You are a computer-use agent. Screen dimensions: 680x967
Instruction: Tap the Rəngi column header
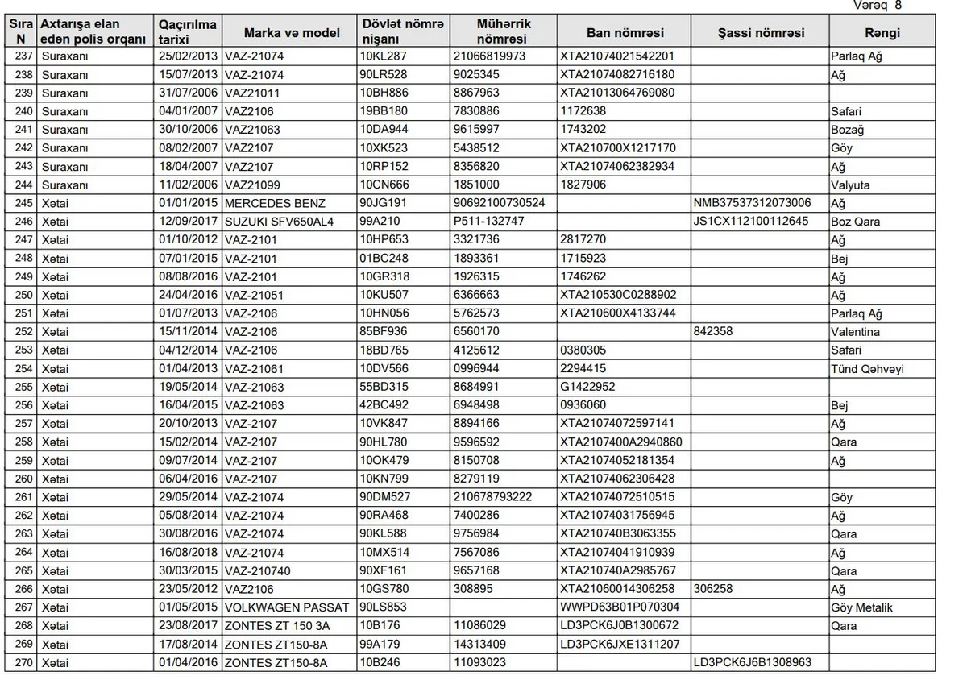pos(882,33)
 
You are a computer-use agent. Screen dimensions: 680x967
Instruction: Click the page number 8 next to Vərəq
pos(899,6)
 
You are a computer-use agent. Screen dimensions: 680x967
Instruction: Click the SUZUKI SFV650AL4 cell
pos(279,222)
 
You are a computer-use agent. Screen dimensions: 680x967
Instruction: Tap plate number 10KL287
pos(384,56)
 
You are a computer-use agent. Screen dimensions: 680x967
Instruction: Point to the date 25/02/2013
pos(189,56)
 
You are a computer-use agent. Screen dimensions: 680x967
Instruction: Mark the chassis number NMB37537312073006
pos(752,203)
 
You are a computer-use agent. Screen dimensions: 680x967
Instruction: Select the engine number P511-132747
pos(489,222)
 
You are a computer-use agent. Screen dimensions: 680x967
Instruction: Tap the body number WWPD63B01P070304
pos(620,607)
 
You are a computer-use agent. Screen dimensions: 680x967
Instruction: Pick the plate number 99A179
pos(384,644)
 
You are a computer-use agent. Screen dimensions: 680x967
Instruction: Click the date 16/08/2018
pos(189,553)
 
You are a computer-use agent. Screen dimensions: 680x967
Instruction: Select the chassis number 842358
pos(713,332)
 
